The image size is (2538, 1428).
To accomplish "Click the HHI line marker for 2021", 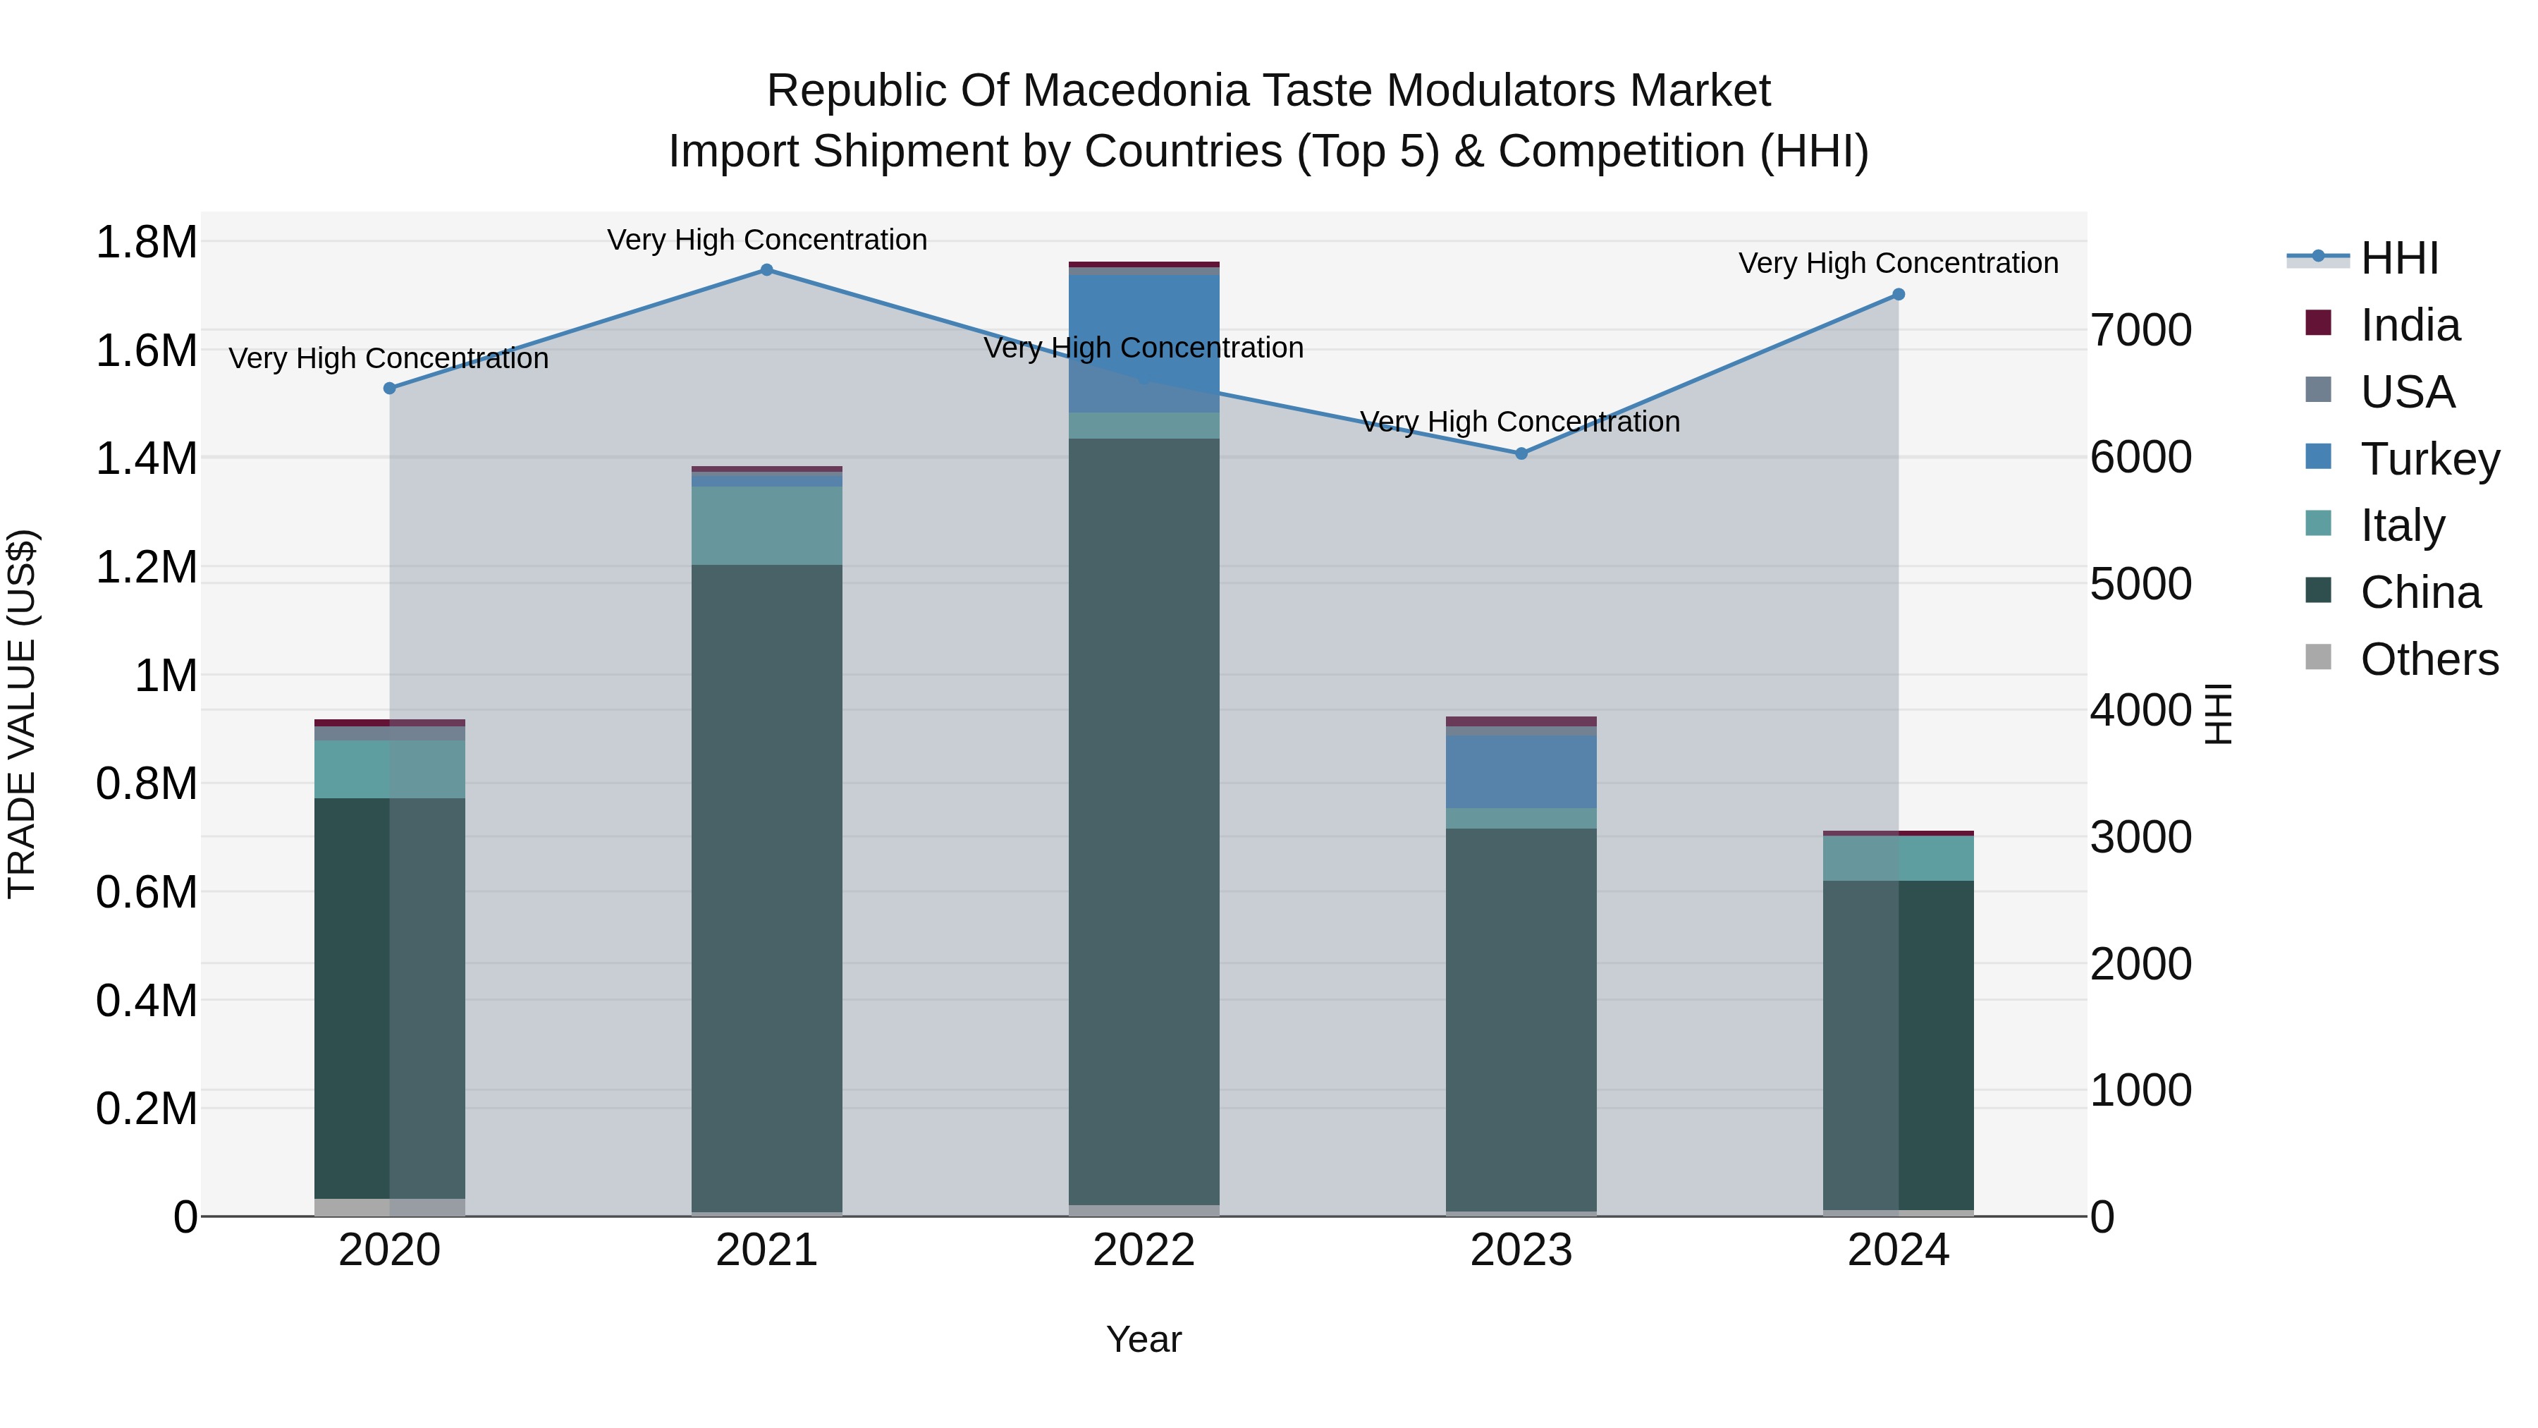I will pyautogui.click(x=766, y=270).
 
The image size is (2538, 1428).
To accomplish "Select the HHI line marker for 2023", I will pyautogui.click(x=1521, y=453).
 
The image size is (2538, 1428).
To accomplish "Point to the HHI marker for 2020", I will pyautogui.click(x=389, y=389).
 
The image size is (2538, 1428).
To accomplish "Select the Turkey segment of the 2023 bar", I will pyautogui.click(x=1521, y=771).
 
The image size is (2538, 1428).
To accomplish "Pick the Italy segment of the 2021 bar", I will pyautogui.click(x=766, y=525).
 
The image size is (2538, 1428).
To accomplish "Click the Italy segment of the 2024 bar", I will pyautogui.click(x=1899, y=858).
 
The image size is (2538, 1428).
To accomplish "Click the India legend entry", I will pyautogui.click(x=2409, y=325).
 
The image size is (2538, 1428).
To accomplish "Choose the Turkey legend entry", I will pyautogui.click(x=2429, y=459).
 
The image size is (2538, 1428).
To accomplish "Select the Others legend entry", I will pyautogui.click(x=2429, y=659).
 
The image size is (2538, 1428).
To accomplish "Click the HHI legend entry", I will pyautogui.click(x=2398, y=258).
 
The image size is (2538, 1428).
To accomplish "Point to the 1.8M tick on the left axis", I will pyautogui.click(x=147, y=243).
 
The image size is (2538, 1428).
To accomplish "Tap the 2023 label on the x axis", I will pyautogui.click(x=1521, y=1250).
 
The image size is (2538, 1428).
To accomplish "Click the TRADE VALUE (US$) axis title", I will pyautogui.click(x=23, y=714).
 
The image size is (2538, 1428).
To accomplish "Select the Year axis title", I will pyautogui.click(x=1144, y=1339).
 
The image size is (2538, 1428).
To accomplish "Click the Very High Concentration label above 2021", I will pyautogui.click(x=766, y=240).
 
